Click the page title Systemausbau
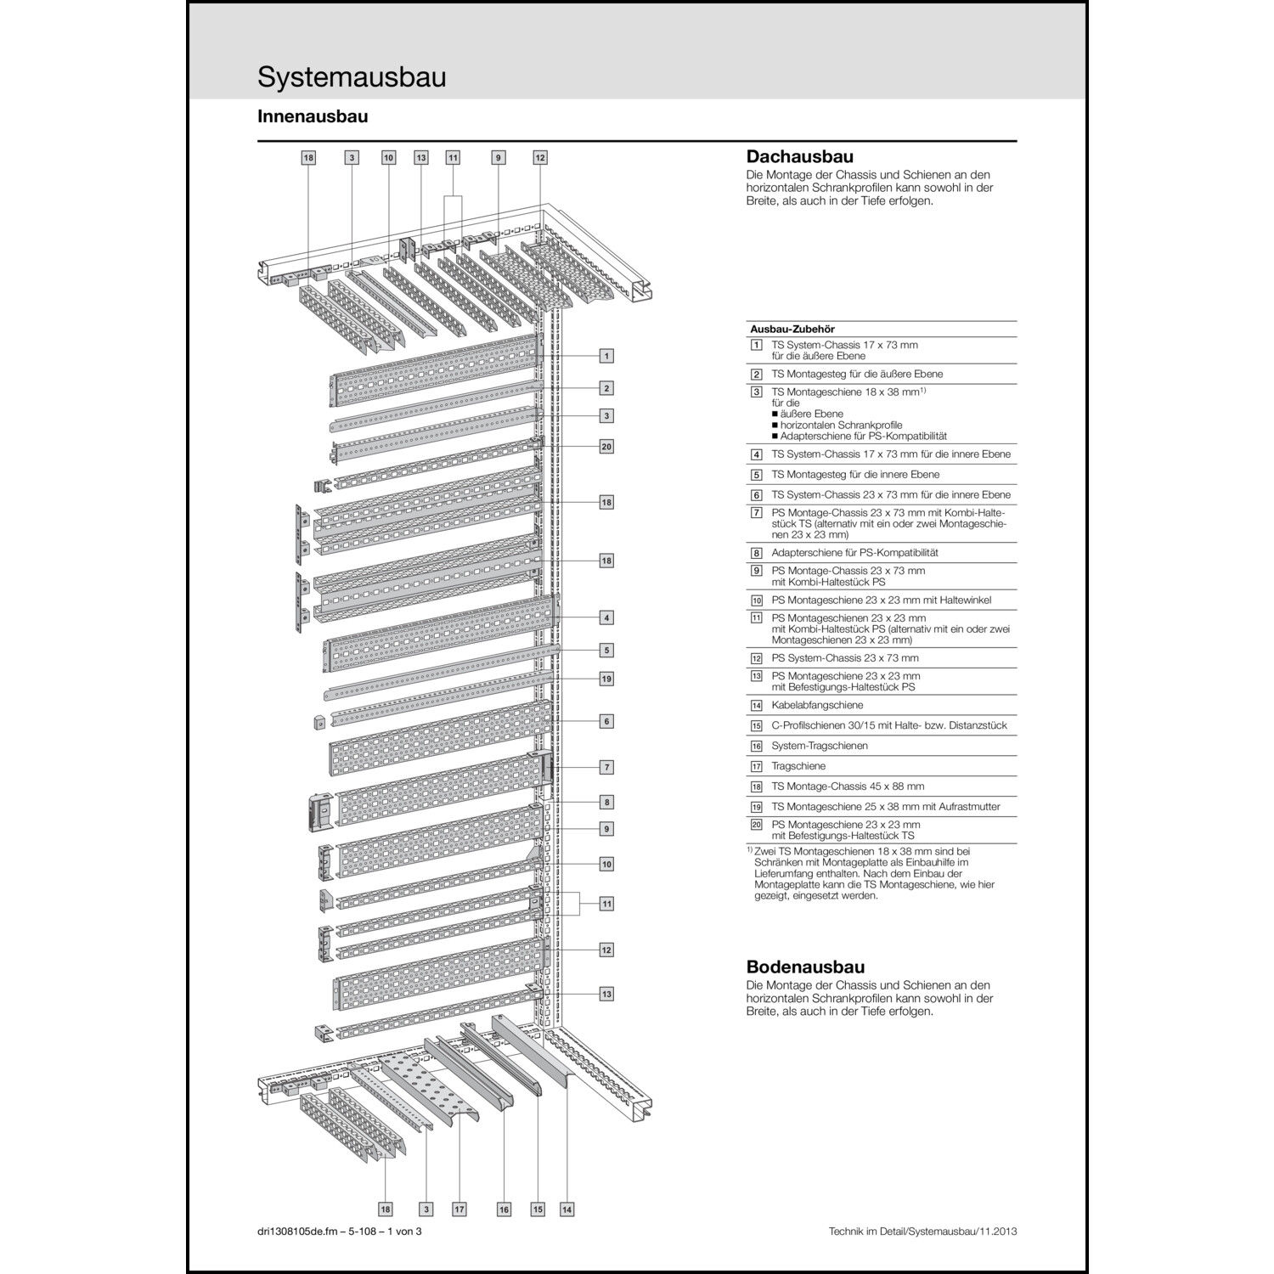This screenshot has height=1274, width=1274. [352, 77]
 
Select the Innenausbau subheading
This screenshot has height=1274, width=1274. [313, 117]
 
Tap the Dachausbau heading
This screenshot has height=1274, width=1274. [799, 156]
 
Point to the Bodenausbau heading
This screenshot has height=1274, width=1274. [805, 967]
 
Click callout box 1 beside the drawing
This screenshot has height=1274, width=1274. [606, 356]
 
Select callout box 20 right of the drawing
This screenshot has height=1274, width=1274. [606, 447]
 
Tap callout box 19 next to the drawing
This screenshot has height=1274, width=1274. [606, 679]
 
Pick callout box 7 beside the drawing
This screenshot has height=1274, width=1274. [606, 767]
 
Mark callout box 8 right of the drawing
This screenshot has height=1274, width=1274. [606, 802]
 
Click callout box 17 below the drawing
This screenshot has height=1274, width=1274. [459, 1209]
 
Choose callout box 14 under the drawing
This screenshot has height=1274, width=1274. [567, 1209]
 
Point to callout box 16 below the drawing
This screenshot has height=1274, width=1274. [504, 1209]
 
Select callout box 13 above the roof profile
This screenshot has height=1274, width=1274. [421, 158]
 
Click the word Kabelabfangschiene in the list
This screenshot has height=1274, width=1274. [817, 705]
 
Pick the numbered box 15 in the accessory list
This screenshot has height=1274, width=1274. [756, 726]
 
